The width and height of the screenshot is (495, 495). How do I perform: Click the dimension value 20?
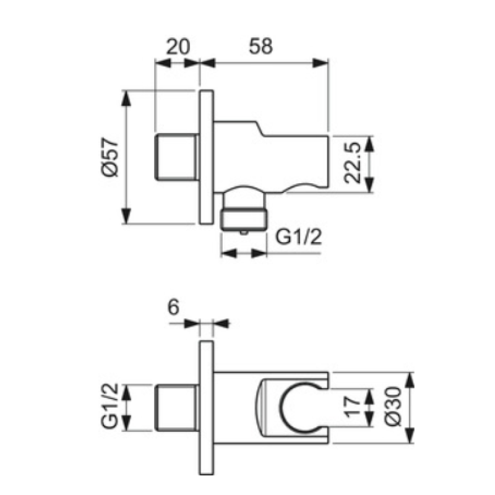point(178,46)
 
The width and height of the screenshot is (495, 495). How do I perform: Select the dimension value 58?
point(260,46)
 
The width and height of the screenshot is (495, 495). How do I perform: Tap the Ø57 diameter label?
point(110,157)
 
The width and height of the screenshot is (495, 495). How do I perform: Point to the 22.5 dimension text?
point(352,163)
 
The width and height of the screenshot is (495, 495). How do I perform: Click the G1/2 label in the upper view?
point(299,237)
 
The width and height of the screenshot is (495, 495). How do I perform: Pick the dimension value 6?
point(174,307)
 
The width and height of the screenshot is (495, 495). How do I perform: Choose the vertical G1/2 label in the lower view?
point(110,406)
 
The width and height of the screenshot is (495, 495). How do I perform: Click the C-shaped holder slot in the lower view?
point(280,407)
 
